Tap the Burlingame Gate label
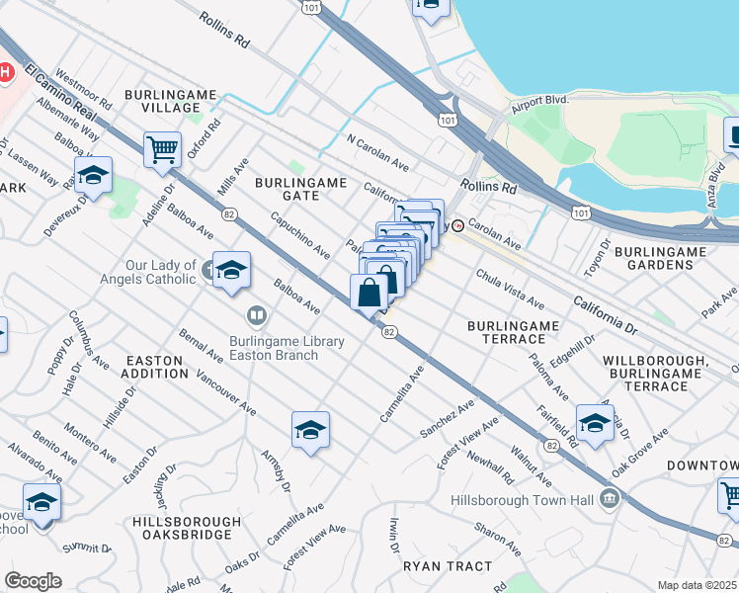click(x=301, y=189)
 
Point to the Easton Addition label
click(x=154, y=367)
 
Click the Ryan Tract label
click(x=447, y=566)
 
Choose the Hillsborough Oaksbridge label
click(x=186, y=529)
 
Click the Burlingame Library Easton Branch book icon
click(x=257, y=315)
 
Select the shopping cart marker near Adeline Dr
click(x=162, y=151)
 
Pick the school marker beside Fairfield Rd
click(x=595, y=422)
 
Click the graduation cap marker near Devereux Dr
click(x=93, y=176)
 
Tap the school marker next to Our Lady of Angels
click(x=230, y=269)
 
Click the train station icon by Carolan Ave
click(x=457, y=225)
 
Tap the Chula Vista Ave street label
click(x=510, y=288)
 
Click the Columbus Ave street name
click(x=89, y=341)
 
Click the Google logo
click(x=33, y=581)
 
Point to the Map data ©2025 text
click(x=697, y=585)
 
